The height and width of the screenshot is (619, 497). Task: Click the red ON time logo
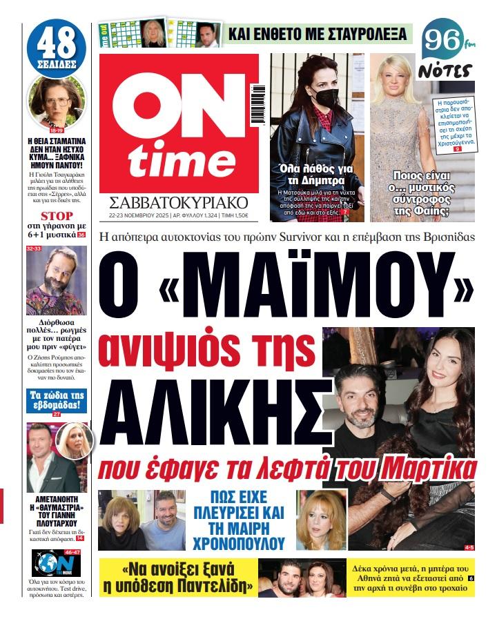click(179, 123)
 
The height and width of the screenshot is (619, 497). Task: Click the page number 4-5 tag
click(469, 547)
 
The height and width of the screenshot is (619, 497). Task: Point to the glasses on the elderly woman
click(55, 101)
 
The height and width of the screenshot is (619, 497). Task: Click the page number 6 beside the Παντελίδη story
click(471, 578)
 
